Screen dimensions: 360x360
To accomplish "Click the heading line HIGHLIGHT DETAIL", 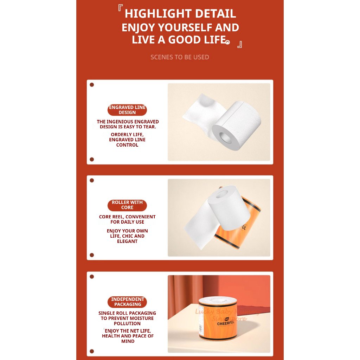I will [x=180, y=14].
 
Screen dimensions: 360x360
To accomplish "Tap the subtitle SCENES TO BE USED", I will [x=180, y=57].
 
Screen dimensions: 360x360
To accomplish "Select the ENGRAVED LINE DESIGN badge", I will [x=127, y=110].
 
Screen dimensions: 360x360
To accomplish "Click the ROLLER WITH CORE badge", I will [x=127, y=205].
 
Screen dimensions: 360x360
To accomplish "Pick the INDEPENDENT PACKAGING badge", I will [x=127, y=302].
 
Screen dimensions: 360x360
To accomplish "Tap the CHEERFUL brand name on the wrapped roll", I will [x=226, y=323].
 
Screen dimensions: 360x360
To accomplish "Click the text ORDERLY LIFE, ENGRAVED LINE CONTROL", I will [x=127, y=140].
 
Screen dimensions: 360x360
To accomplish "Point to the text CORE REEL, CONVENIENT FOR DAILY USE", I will [x=127, y=219].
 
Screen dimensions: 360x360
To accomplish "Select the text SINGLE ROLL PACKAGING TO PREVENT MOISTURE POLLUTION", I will [x=127, y=318].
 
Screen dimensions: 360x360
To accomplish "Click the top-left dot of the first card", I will [x=92, y=85].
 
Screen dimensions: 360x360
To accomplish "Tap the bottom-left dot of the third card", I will [x=92, y=351].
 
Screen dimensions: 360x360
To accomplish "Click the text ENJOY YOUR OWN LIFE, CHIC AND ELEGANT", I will [x=127, y=236].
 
